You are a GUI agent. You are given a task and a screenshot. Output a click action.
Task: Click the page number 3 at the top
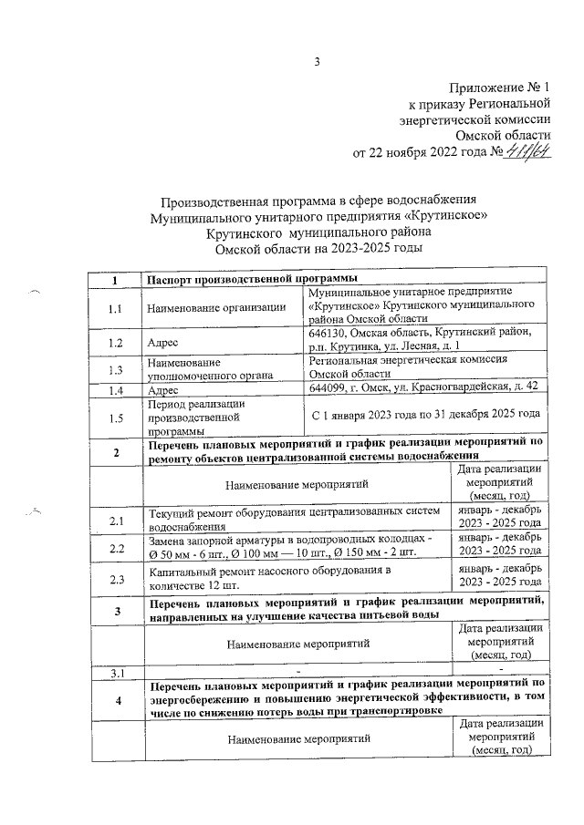317,62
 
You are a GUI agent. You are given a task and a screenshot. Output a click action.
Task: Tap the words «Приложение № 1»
501,88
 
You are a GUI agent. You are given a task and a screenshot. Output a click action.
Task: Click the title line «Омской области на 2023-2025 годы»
318,247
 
